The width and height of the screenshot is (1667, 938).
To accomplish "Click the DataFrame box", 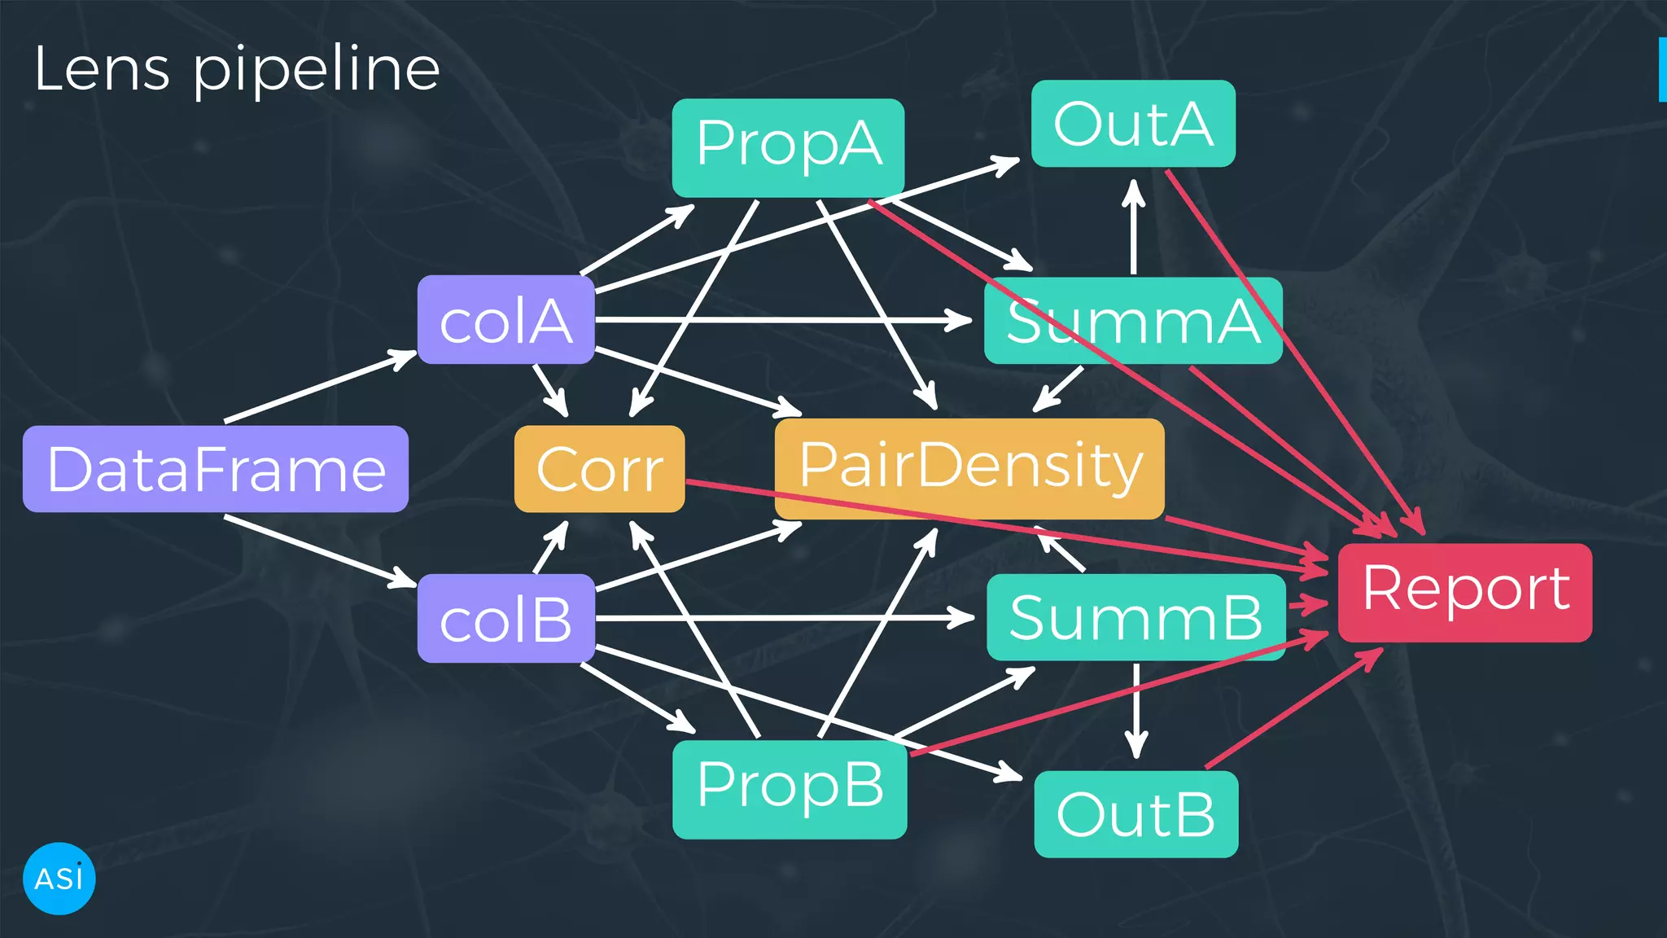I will [x=216, y=469].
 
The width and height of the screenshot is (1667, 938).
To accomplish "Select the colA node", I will [x=505, y=320].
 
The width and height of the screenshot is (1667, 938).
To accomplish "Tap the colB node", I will [x=505, y=619].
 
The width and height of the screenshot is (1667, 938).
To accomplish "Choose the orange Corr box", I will [x=599, y=469].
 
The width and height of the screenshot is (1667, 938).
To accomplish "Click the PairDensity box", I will [x=969, y=467].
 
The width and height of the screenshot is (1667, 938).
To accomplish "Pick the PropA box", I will [x=788, y=147].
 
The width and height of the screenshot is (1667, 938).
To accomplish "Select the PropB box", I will [x=790, y=788].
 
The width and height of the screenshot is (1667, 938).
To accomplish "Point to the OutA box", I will [x=1133, y=124].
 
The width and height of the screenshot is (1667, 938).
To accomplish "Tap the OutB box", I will [x=1135, y=814].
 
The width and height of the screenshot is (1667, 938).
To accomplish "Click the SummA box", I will [x=1133, y=321].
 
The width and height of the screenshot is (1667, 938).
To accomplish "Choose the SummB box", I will [x=1135, y=617].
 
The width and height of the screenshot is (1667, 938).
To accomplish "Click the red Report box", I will [x=1464, y=592].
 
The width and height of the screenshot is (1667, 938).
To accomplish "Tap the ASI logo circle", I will [x=59, y=879].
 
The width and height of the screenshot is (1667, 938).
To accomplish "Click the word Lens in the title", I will [x=102, y=69].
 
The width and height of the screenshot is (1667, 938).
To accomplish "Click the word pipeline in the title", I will [x=316, y=72].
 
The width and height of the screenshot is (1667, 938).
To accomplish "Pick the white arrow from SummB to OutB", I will [x=1136, y=708].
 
